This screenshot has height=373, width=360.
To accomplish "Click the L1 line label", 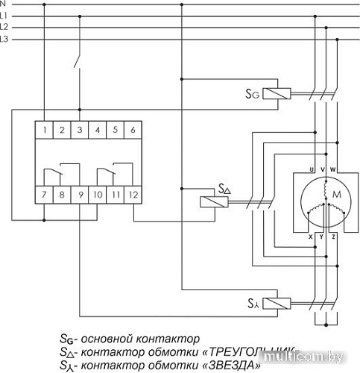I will click(5, 15).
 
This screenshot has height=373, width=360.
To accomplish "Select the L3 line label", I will click(5, 37).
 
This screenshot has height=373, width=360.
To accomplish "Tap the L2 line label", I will click(5, 26).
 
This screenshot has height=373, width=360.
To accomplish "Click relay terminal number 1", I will click(45, 131).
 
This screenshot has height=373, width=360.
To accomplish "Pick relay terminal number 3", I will click(80, 131).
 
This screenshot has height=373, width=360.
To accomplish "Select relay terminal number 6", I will click(132, 131).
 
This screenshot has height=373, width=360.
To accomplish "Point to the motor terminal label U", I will click(312, 170).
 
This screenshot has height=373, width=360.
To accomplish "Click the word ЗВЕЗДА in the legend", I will click(230, 366).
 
